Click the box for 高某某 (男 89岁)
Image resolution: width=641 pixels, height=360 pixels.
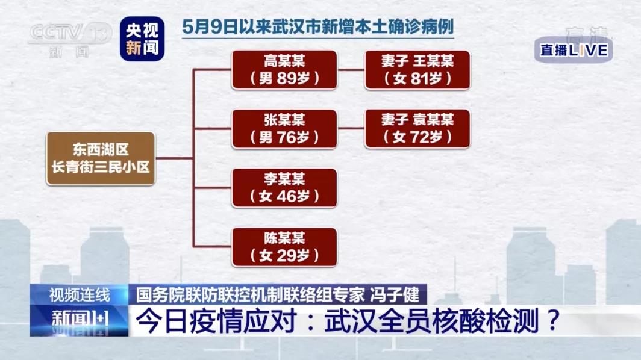click(x=284, y=70)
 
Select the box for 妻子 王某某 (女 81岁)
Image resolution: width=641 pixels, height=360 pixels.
click(x=417, y=70)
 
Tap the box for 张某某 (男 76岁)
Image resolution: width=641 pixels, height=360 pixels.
click(x=284, y=129)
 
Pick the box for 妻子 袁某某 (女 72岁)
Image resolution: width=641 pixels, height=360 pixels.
click(x=417, y=129)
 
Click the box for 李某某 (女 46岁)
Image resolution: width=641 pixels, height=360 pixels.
click(x=284, y=188)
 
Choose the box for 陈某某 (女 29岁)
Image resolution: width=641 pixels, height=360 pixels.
click(x=284, y=247)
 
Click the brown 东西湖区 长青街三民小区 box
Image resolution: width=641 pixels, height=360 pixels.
click(x=101, y=158)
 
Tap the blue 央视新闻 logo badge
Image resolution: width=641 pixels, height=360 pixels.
click(x=142, y=39)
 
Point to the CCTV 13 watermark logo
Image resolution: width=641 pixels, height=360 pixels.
click(x=70, y=39)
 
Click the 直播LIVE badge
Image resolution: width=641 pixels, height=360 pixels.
click(x=574, y=50)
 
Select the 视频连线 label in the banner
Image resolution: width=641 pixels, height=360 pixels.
click(x=80, y=294)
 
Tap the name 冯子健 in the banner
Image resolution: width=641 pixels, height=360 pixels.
click(x=395, y=294)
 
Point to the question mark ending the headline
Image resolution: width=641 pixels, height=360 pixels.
click(x=552, y=320)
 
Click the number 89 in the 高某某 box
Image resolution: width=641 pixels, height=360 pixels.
click(x=286, y=78)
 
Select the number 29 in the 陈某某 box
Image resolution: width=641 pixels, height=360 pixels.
click(x=286, y=255)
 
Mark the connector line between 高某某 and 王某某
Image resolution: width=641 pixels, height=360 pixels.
click(x=351, y=70)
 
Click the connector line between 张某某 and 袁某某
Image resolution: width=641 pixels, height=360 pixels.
click(x=351, y=128)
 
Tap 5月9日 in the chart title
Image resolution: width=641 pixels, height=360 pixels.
click(x=210, y=27)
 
